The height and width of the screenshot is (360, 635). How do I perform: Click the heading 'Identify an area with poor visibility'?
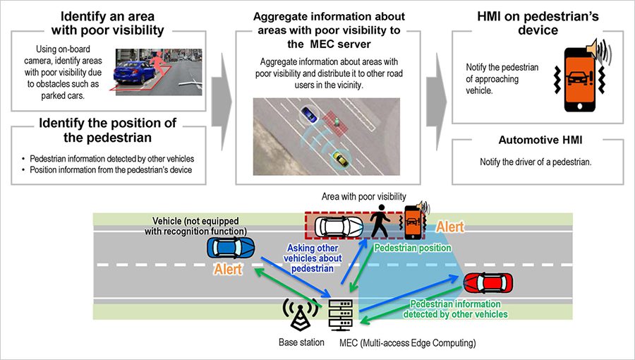coord(112,23)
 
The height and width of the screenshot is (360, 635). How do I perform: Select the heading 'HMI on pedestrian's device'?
coord(537,23)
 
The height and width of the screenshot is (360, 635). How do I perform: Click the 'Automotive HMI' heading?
coord(536,140)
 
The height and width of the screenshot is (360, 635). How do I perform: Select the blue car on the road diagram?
coord(232,248)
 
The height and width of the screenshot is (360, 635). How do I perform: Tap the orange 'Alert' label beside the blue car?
coord(228,270)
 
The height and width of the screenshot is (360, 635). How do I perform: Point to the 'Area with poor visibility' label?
coord(363,196)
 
